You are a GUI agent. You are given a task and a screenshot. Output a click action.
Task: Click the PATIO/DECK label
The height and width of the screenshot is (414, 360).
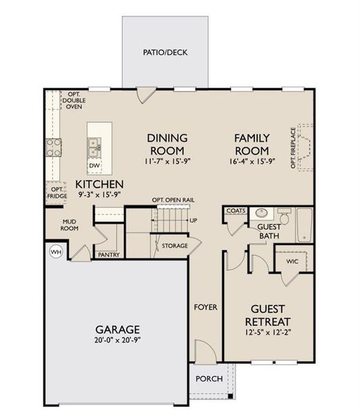coord(165,52)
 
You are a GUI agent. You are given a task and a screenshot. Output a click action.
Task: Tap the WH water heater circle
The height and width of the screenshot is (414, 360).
coord(56,253)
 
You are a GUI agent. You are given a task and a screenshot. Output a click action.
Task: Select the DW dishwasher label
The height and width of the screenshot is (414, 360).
coord(94,166)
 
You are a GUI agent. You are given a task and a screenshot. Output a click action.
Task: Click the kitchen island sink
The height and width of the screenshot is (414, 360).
coord(94,146)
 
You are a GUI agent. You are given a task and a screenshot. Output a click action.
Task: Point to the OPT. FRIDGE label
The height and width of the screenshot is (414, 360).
coord(57,192)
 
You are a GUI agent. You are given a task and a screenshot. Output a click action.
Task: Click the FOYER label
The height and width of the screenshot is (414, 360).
coord(205,307)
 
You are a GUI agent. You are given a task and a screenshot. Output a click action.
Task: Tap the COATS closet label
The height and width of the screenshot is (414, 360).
coord(232,212)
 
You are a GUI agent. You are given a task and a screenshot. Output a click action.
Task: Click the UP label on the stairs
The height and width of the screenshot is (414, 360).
coord(192,221)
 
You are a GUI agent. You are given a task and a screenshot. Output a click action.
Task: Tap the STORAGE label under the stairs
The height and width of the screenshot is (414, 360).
coord(174,245)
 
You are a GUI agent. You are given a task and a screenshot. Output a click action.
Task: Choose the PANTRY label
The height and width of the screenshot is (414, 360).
coord(109,255)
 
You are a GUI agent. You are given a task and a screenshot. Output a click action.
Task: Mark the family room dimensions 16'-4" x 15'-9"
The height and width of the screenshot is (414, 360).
coord(252,161)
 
